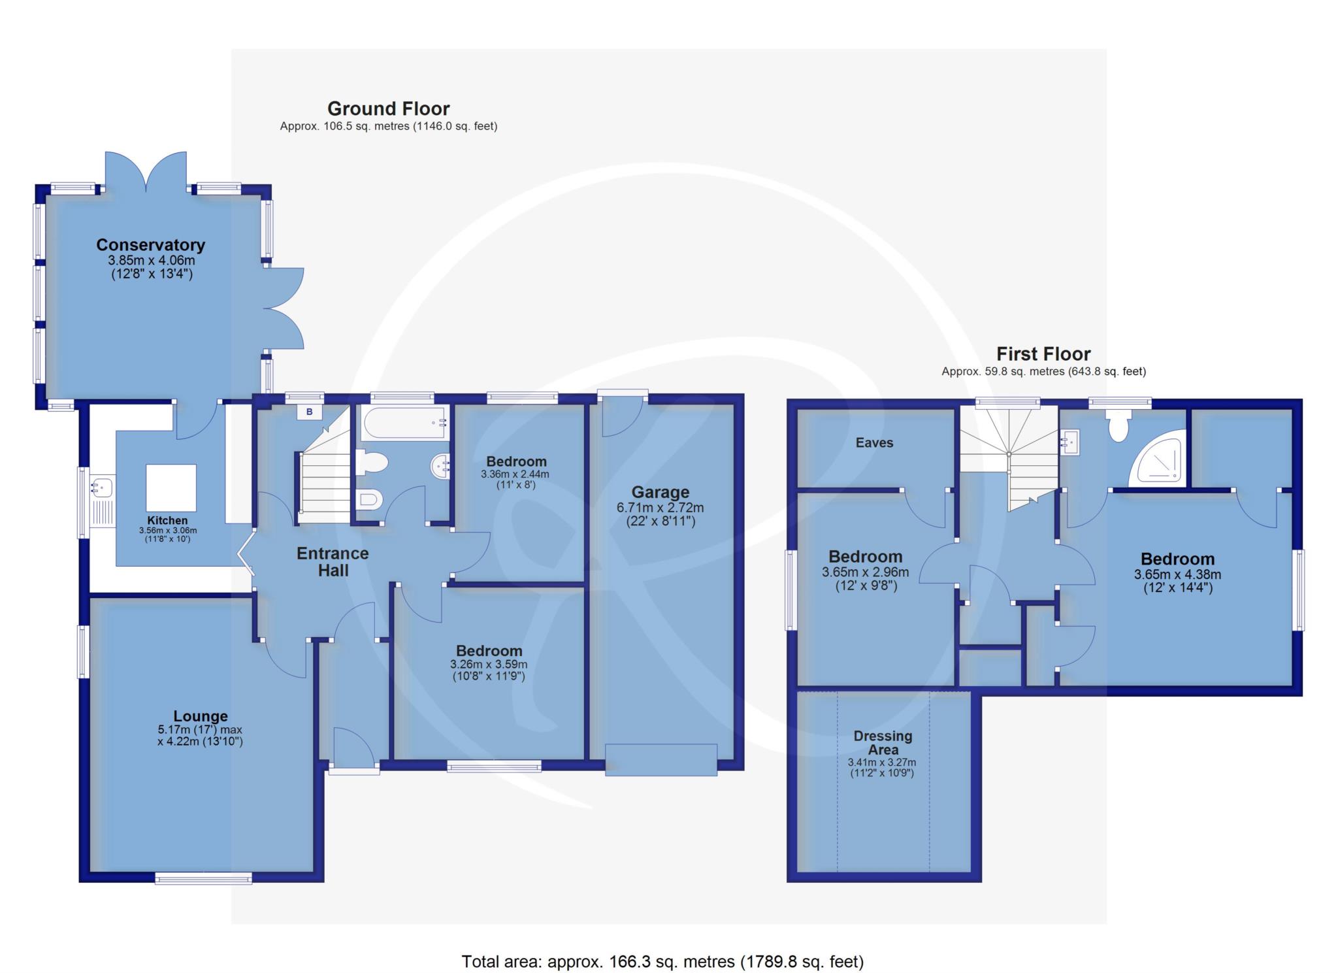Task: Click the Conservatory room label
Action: pyautogui.click(x=150, y=245)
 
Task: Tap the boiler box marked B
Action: pyautogui.click(x=310, y=412)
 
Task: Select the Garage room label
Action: pyautogui.click(x=660, y=492)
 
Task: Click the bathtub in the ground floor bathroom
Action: pyautogui.click(x=404, y=422)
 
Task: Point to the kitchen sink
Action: pyautogui.click(x=103, y=486)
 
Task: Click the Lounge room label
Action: pyautogui.click(x=201, y=716)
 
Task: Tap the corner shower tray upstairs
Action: pyautogui.click(x=1158, y=457)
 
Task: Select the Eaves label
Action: pyautogui.click(x=874, y=442)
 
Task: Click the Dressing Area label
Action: pyautogui.click(x=883, y=743)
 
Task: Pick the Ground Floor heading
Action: pyautogui.click(x=389, y=108)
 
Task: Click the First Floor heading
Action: pyautogui.click(x=1043, y=354)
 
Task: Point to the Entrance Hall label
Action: pyautogui.click(x=333, y=562)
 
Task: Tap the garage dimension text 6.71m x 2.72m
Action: pyautogui.click(x=660, y=508)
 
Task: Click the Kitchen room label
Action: pyautogui.click(x=167, y=521)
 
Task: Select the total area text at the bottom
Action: pyautogui.click(x=662, y=961)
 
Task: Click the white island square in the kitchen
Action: pyautogui.click(x=171, y=488)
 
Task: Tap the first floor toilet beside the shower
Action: pyautogui.click(x=1118, y=425)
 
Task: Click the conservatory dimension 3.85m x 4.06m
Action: pyautogui.click(x=151, y=260)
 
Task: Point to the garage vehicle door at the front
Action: pyautogui.click(x=661, y=759)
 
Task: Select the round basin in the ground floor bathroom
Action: pyautogui.click(x=440, y=467)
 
